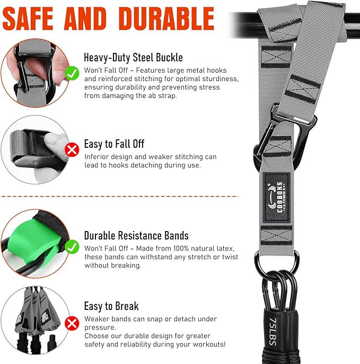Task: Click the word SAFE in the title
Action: click(28, 19)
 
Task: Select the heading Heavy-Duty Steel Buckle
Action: click(133, 58)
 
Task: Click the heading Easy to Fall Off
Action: click(114, 144)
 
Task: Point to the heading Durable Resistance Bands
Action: click(136, 235)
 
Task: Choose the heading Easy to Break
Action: click(111, 306)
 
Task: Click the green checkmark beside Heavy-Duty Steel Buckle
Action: click(72, 73)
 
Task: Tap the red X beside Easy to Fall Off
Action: click(72, 150)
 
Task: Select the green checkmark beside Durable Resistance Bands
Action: click(72, 246)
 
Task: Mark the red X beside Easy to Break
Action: click(72, 323)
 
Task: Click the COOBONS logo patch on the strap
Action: click(277, 198)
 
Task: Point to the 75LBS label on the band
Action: click(273, 332)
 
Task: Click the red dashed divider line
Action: click(120, 197)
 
